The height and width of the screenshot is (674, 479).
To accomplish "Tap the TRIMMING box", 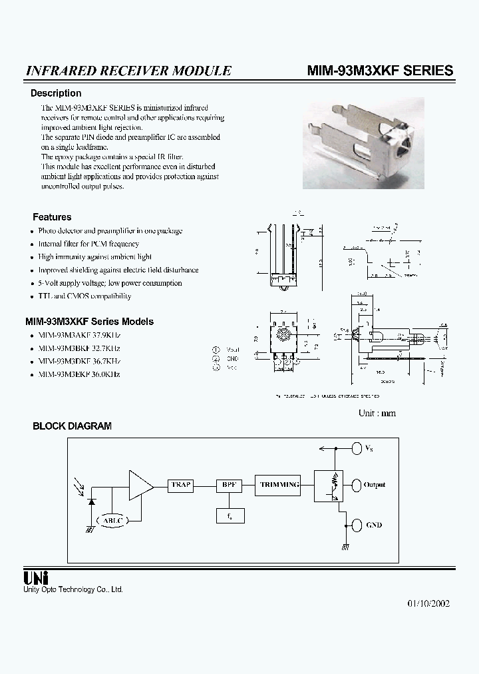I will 279,485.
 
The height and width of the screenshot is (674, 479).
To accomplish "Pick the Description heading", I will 56,93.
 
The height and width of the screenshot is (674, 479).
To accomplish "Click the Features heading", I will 52,217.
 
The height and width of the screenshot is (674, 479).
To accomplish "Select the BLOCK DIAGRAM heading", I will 72,426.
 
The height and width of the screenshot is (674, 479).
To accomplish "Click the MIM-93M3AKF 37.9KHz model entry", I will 79,336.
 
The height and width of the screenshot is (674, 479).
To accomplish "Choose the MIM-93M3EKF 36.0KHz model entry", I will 79,374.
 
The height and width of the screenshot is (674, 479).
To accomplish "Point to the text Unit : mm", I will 377,413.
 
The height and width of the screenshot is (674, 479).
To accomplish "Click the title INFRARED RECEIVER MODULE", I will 128,71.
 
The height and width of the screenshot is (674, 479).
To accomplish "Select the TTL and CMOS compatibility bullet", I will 84,296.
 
